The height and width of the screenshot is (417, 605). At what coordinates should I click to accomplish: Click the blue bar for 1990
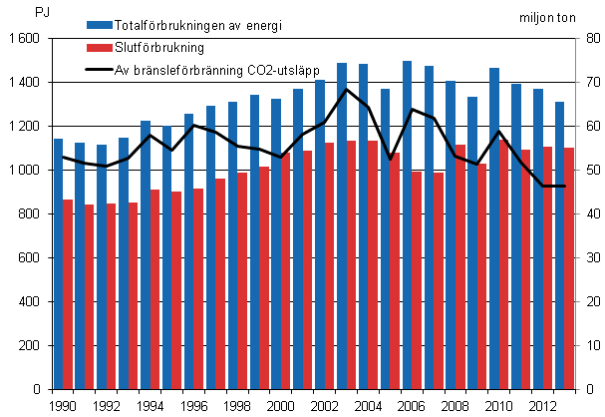[x=58, y=263]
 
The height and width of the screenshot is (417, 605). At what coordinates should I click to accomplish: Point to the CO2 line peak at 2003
[x=346, y=89]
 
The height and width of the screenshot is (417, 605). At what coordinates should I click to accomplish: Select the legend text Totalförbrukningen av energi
[x=199, y=25]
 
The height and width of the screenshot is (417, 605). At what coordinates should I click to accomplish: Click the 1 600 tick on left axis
[x=25, y=39]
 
